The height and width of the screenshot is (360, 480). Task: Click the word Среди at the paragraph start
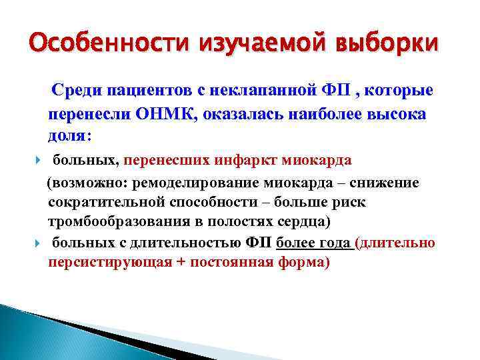[80, 90]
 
